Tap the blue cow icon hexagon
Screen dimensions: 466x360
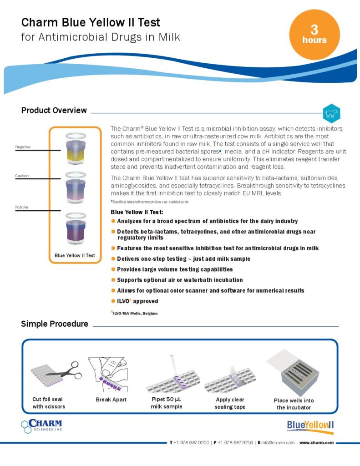pos(331,114)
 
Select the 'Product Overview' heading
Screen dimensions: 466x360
pos(54,110)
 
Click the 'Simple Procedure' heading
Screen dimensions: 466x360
pos(55,324)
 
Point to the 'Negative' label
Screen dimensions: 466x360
pos(23,147)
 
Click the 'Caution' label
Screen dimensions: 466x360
pos(22,175)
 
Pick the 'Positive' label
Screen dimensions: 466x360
pos(22,207)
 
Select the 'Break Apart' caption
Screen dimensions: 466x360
pos(111,400)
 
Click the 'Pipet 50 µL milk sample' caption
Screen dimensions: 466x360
pos(167,403)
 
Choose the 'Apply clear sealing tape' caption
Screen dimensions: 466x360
pos(230,403)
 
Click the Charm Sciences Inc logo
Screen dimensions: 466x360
pos(42,425)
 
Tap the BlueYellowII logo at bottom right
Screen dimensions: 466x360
pos(310,425)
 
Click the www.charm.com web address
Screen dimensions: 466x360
pos(316,442)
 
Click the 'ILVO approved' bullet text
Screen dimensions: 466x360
pos(137,301)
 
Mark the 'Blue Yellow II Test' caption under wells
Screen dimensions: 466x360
pos(75,255)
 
